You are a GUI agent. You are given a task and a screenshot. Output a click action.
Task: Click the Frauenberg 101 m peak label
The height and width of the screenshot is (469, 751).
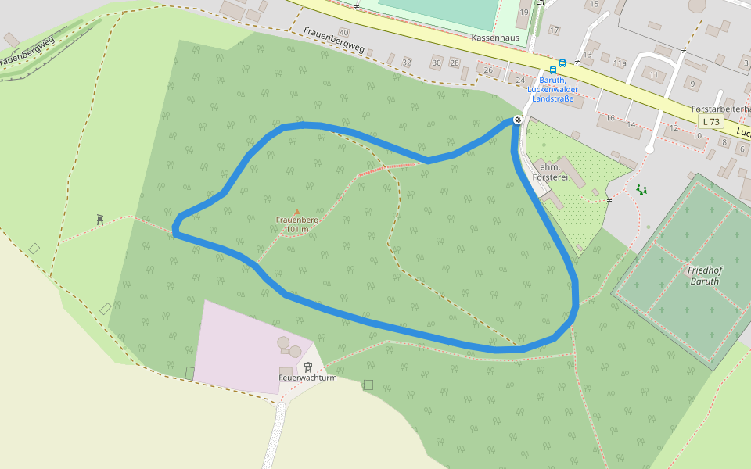pyautogui.click(x=297, y=224)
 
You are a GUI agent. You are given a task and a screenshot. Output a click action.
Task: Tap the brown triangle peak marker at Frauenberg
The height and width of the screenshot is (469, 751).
pyautogui.click(x=296, y=212)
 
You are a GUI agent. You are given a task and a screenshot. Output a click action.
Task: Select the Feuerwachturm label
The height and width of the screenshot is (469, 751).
pyautogui.click(x=307, y=378)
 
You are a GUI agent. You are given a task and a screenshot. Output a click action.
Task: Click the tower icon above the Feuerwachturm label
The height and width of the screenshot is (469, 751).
pyautogui.click(x=308, y=367)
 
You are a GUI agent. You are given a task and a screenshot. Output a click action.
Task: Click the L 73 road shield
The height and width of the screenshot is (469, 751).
pyautogui.click(x=711, y=122)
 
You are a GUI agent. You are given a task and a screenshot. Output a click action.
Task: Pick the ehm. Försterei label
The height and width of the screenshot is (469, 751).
pyautogui.click(x=549, y=172)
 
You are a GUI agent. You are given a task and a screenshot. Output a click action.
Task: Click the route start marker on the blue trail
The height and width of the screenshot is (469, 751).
pyautogui.click(x=517, y=120)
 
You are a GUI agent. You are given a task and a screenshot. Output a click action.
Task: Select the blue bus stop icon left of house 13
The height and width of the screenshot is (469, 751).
pyautogui.click(x=562, y=63)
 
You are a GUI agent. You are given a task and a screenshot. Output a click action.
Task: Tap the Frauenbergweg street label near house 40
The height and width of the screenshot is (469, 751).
pyautogui.click(x=334, y=42)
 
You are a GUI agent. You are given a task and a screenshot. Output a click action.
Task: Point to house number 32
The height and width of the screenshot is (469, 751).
pyautogui.click(x=406, y=62)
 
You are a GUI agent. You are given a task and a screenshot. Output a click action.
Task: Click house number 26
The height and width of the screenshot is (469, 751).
pyautogui.click(x=489, y=70)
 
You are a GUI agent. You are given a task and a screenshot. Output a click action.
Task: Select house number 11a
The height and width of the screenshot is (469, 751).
pyautogui.click(x=620, y=62)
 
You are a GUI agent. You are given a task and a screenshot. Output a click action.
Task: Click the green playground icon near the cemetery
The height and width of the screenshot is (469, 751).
pyautogui.click(x=641, y=188)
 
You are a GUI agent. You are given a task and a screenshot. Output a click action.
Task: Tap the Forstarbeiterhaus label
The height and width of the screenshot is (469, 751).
pyautogui.click(x=720, y=109)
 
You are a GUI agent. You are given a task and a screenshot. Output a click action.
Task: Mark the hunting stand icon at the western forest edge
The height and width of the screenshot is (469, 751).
pyautogui.click(x=100, y=220)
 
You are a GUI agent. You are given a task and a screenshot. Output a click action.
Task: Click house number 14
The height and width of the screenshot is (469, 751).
pyautogui.click(x=631, y=124)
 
